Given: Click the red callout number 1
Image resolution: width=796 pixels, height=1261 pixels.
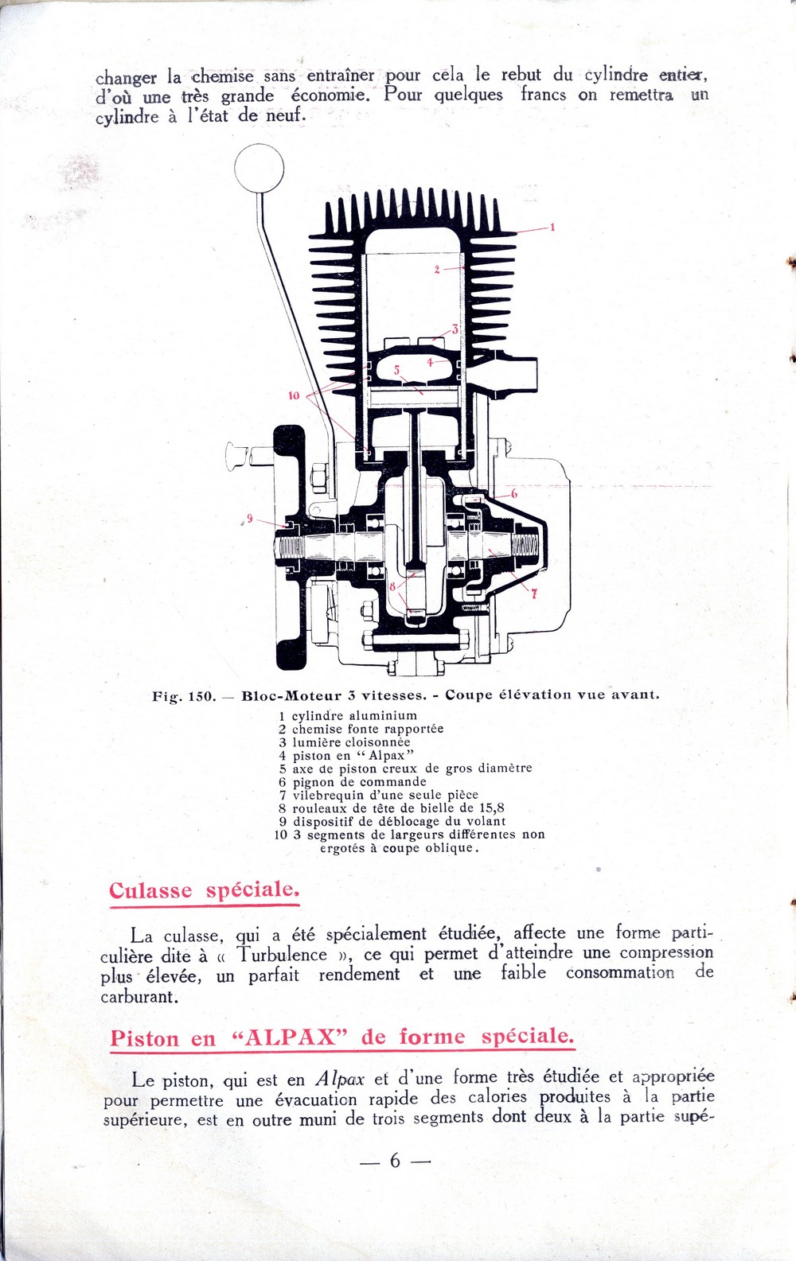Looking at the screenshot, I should click(x=552, y=228).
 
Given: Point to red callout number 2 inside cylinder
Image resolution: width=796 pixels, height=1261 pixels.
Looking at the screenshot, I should click(x=436, y=270).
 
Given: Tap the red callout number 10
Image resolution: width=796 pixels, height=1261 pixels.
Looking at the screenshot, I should click(x=294, y=395).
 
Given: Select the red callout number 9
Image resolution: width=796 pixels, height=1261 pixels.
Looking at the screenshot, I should click(x=249, y=518).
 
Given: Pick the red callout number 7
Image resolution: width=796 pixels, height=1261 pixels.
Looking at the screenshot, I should click(x=534, y=593).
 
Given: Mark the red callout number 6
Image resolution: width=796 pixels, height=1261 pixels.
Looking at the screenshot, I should click(x=514, y=494).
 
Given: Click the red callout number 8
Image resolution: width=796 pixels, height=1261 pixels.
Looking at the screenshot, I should click(x=392, y=586).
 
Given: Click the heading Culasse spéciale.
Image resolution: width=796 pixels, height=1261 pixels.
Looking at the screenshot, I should click(x=204, y=889).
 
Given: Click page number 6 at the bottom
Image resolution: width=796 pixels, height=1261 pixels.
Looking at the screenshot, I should click(x=395, y=1161).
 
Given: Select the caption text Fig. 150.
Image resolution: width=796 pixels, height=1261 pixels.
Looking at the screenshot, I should click(x=184, y=696).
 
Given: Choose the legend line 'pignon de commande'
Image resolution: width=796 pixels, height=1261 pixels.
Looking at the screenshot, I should click(x=358, y=782).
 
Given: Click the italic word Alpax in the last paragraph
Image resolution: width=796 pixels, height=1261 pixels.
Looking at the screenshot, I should click(x=340, y=1080).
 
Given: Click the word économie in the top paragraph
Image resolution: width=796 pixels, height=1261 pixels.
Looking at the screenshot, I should click(x=330, y=95).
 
